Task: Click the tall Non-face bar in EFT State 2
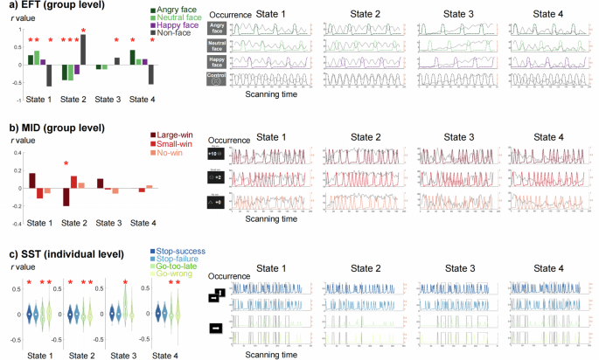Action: point(82,49)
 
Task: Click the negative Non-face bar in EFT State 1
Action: point(49,74)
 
